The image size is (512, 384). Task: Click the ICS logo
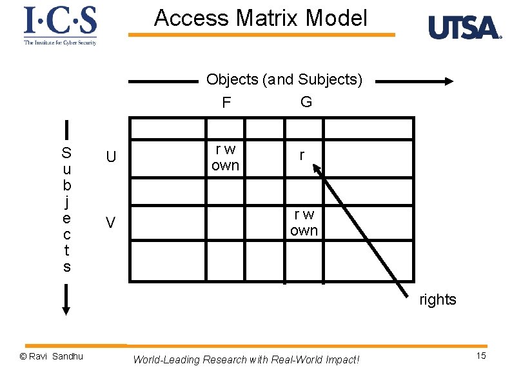pyautogui.click(x=60, y=25)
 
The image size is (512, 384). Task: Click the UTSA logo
pyautogui.click(x=464, y=28)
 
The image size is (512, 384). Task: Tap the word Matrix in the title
pyautogui.click(x=269, y=18)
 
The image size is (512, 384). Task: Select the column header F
pyautogui.click(x=226, y=103)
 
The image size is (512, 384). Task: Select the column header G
pyautogui.click(x=306, y=102)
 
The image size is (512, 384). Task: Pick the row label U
pyautogui.click(x=111, y=157)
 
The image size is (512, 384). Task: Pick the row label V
pyautogui.click(x=111, y=223)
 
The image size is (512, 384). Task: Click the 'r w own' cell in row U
pyautogui.click(x=225, y=157)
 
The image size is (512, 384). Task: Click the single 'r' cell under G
pyautogui.click(x=301, y=156)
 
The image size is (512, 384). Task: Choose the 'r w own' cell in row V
pyautogui.click(x=304, y=223)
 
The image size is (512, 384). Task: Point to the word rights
pyautogui.click(x=437, y=299)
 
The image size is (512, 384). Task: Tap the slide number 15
pyautogui.click(x=480, y=357)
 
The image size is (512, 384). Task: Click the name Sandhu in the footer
pyautogui.click(x=68, y=356)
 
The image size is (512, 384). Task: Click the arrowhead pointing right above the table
pyautogui.click(x=448, y=82)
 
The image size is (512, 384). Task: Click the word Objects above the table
pyautogui.click(x=232, y=79)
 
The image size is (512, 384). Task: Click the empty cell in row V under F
pyautogui.click(x=244, y=223)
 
